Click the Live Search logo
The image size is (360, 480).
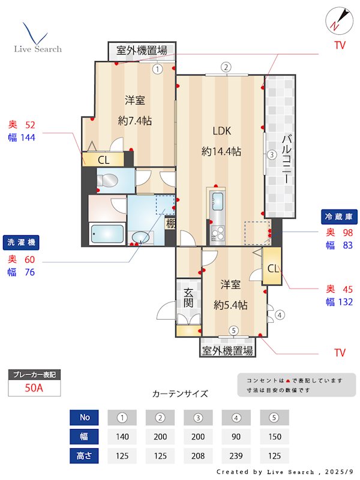[x=37, y=38]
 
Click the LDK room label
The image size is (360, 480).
[x=221, y=131]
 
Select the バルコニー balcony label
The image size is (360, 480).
[x=287, y=160]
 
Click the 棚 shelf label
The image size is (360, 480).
[x=171, y=224]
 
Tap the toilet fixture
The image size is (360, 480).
[x=107, y=181]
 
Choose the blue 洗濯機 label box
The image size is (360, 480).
[x=22, y=242]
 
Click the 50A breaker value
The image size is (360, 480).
[x=34, y=388]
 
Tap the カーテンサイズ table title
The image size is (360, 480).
[x=180, y=394]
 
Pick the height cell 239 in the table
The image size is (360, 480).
[x=236, y=455]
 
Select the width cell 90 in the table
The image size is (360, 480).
[x=236, y=436]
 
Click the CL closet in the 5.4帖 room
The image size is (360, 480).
[x=272, y=268]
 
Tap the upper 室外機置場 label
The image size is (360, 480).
[x=142, y=50]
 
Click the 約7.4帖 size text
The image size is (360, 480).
[x=135, y=121]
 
